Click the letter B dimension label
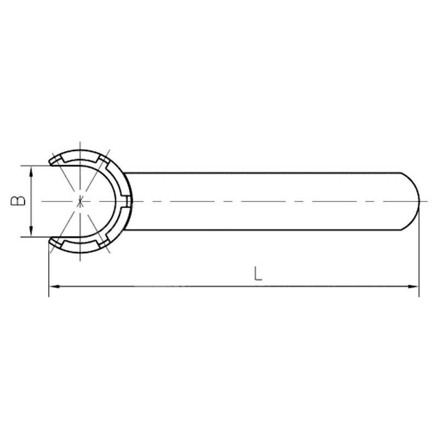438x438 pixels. (18, 201)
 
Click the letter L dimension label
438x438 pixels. (258, 273)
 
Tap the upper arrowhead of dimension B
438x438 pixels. (31, 171)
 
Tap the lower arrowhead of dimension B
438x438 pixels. (31, 232)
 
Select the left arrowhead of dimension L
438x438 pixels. (55, 286)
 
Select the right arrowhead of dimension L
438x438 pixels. (413, 286)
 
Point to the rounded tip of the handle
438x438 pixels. (419, 201)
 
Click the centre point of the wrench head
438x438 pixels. (80, 201)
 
